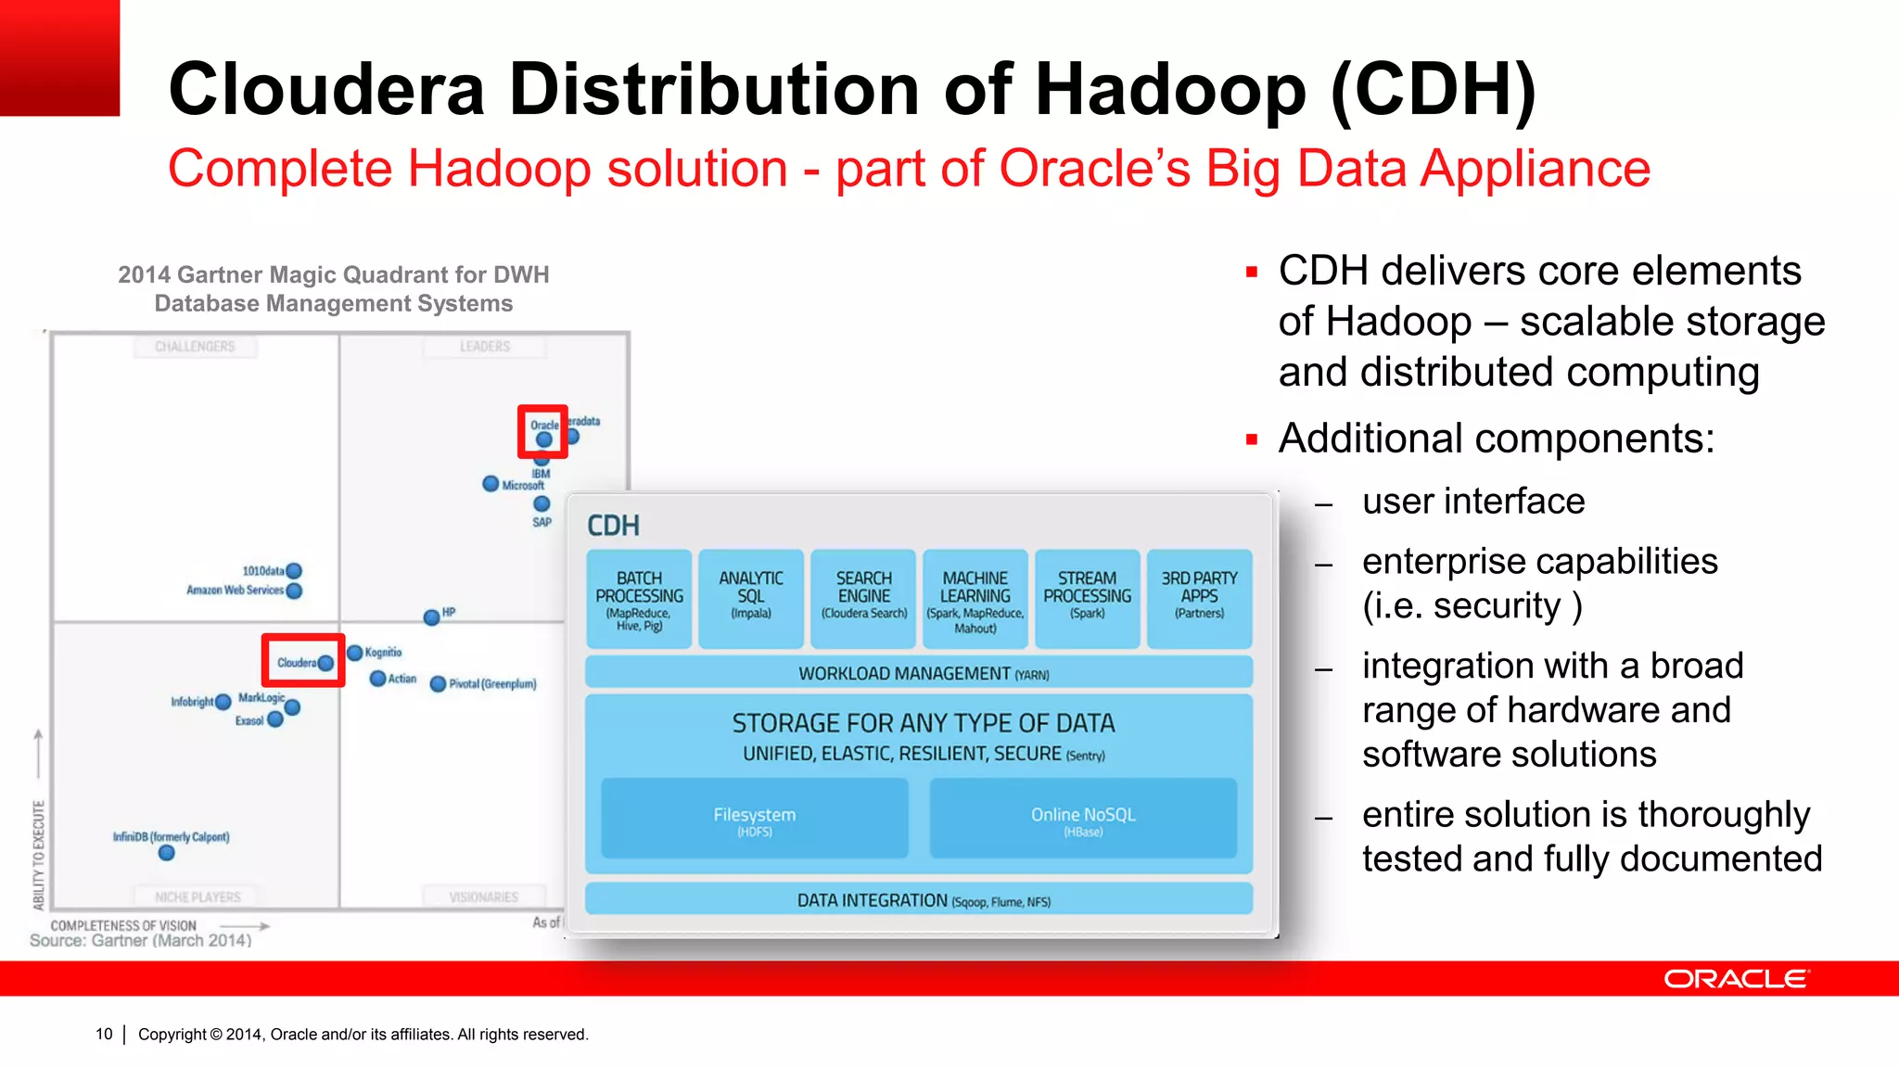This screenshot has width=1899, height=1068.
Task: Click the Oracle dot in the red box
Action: (x=544, y=439)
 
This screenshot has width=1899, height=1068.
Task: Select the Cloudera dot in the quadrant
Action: (x=325, y=663)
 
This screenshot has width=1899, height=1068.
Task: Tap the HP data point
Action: (x=431, y=617)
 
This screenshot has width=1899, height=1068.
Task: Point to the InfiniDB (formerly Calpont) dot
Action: (x=167, y=853)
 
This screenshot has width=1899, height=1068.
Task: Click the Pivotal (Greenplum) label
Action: (x=492, y=684)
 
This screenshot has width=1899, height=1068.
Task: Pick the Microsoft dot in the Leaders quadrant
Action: (x=491, y=483)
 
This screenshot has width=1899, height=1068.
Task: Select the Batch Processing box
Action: (x=639, y=599)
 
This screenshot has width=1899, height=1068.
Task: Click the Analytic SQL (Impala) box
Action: (x=751, y=599)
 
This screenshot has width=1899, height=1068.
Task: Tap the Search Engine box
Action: (x=863, y=599)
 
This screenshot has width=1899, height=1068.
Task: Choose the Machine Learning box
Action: (x=975, y=599)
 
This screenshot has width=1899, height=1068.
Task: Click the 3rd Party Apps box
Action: (x=1199, y=599)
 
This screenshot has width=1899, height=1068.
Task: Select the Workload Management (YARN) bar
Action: (x=919, y=673)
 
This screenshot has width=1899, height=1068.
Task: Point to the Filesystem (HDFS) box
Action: (x=755, y=819)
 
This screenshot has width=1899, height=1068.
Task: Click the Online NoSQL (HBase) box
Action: (x=1083, y=819)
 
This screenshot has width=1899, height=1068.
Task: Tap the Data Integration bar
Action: (x=919, y=899)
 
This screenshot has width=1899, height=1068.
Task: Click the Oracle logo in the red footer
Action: (x=1735, y=979)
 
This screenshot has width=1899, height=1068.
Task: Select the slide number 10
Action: (x=104, y=1034)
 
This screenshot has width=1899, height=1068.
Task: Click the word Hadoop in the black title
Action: (x=1170, y=90)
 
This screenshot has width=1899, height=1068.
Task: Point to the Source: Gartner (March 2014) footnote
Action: (x=141, y=940)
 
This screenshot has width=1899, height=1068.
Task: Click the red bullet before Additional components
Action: (x=1252, y=439)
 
